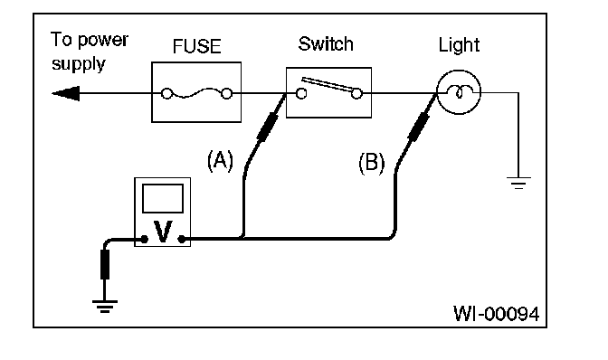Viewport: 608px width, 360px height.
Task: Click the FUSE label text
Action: pyautogui.click(x=196, y=46)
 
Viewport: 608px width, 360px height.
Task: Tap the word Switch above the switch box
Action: pyautogui.click(x=326, y=43)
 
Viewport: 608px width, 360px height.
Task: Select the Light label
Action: pyautogui.click(x=459, y=46)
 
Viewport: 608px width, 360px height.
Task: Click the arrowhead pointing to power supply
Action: pyautogui.click(x=66, y=93)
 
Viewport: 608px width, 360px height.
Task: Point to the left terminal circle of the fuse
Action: pyautogui.click(x=166, y=94)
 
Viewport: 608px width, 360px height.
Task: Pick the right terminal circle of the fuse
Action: pyautogui.click(x=227, y=94)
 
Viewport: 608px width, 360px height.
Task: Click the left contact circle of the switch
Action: pyautogui.click(x=301, y=94)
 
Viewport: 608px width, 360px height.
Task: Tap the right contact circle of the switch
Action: pyautogui.click(x=356, y=94)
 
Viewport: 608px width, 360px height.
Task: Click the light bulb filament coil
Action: pyautogui.click(x=459, y=92)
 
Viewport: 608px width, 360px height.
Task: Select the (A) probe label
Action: pyautogui.click(x=220, y=160)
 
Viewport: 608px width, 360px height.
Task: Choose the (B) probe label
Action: pyautogui.click(x=372, y=163)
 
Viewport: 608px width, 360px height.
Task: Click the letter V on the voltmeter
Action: pyautogui.click(x=163, y=232)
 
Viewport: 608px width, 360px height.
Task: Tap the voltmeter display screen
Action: pyautogui.click(x=163, y=198)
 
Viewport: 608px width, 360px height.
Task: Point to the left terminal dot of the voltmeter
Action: pyautogui.click(x=144, y=240)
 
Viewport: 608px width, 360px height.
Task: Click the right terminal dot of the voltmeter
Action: pyautogui.click(x=182, y=240)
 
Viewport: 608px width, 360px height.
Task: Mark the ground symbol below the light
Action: pyautogui.click(x=518, y=183)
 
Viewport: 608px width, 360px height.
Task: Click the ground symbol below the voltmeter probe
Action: pyautogui.click(x=105, y=306)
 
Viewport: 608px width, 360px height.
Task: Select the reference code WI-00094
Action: pyautogui.click(x=497, y=314)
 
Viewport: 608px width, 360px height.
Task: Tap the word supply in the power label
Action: pyautogui.click(x=79, y=64)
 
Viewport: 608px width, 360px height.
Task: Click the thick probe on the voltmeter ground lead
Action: pyautogui.click(x=105, y=264)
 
